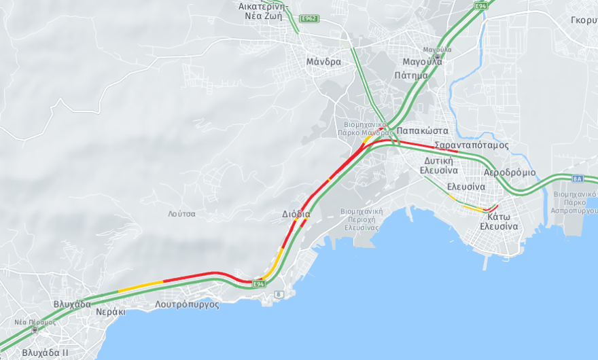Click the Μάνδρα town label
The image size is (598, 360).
[x=323, y=62]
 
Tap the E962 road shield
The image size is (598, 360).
[x=309, y=18]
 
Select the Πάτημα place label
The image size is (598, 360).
[x=411, y=75]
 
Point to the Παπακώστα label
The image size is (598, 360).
[x=422, y=130]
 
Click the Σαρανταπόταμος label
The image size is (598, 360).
[x=472, y=145]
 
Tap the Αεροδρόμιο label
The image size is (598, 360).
[x=510, y=172]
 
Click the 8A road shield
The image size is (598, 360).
[x=578, y=178]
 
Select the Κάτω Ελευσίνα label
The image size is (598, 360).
[x=499, y=221]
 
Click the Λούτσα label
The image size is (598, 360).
[x=181, y=213]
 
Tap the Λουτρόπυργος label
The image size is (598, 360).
[x=187, y=304]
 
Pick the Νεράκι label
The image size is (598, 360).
[x=111, y=312]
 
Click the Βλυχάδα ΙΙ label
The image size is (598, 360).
[x=45, y=353]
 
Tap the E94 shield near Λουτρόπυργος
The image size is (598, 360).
[x=258, y=283]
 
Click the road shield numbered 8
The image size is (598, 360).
[x=278, y=294]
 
